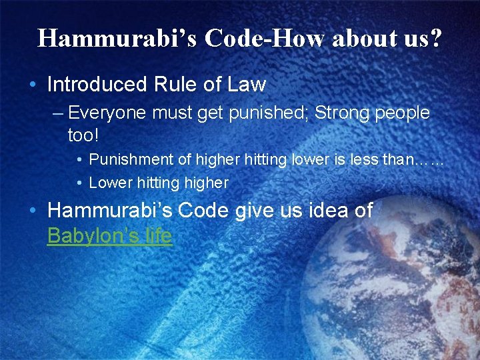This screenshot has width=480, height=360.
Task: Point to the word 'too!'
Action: [x=83, y=136]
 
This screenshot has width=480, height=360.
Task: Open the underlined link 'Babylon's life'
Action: [x=109, y=236]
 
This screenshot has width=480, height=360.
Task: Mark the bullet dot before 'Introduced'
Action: [x=33, y=85]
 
